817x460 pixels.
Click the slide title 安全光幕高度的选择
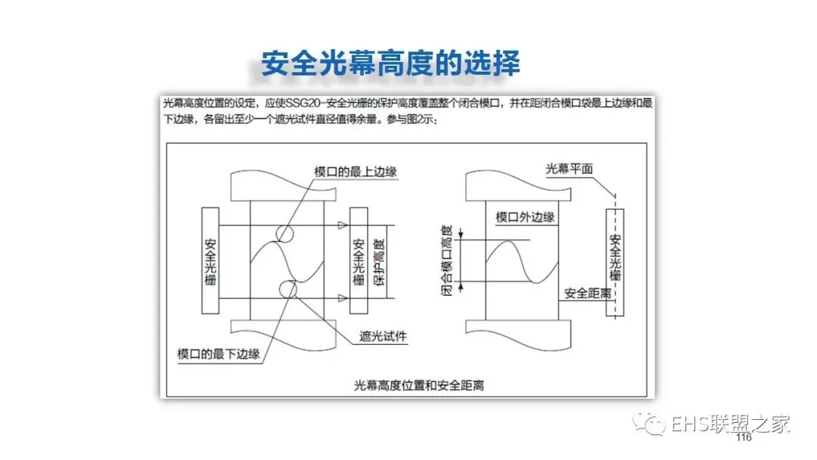click(390, 64)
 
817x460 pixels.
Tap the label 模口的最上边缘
click(356, 172)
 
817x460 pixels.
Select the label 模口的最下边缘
click(219, 353)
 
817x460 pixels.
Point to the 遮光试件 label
click(383, 338)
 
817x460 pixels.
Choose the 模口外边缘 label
click(525, 218)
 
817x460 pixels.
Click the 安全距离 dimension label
click(588, 293)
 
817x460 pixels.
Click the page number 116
click(743, 439)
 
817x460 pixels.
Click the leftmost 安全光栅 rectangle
click(210, 260)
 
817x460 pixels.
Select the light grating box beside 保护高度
click(359, 260)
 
